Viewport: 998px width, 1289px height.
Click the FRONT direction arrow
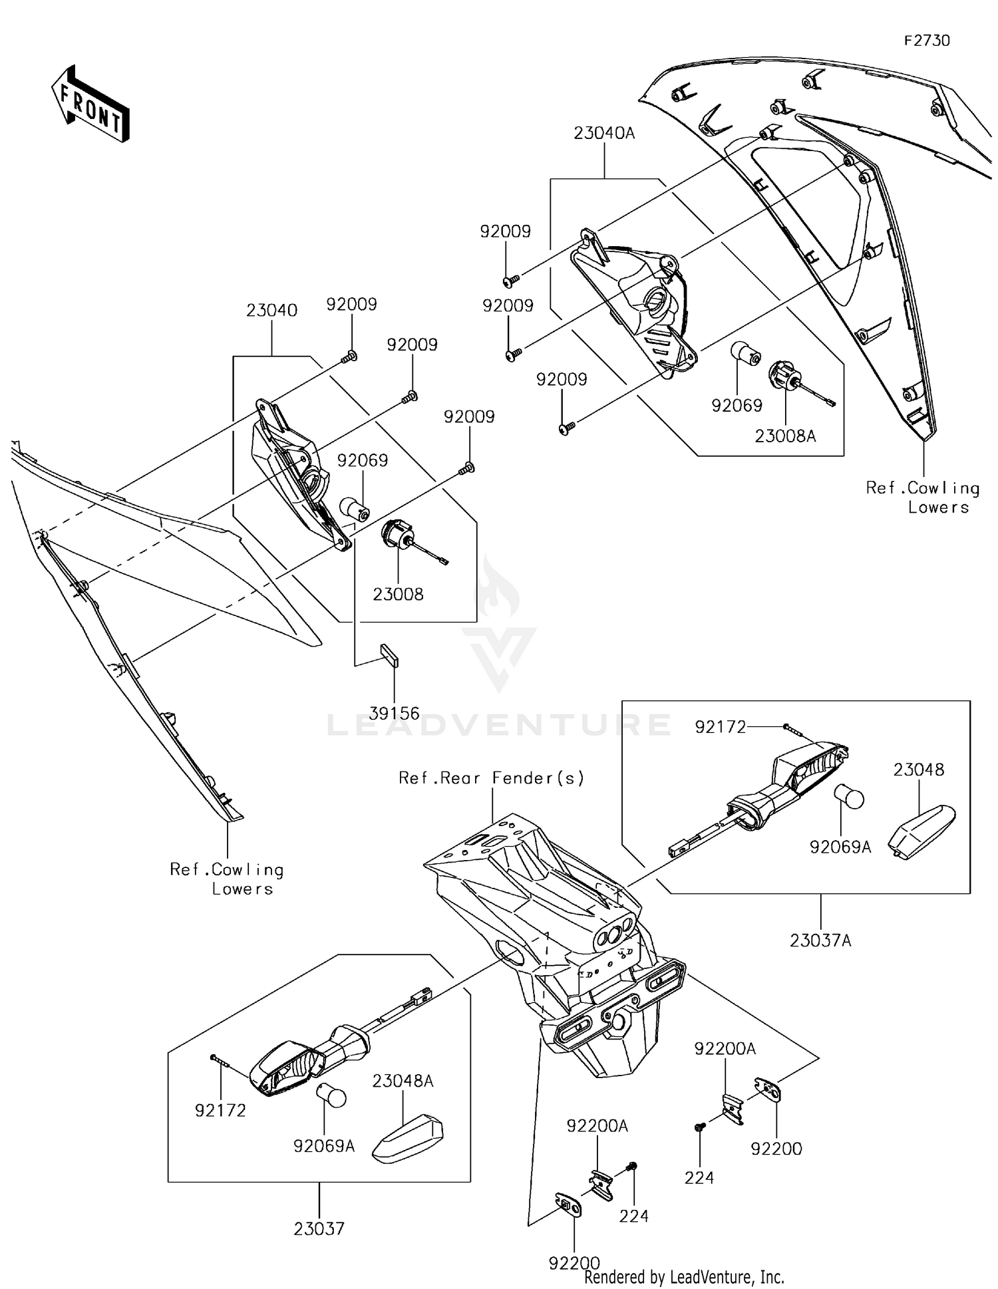pyautogui.click(x=90, y=104)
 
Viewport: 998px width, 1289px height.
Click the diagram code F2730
pyautogui.click(x=926, y=41)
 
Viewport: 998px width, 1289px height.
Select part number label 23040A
pyautogui.click(x=604, y=134)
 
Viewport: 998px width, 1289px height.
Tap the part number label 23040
pyautogui.click(x=271, y=311)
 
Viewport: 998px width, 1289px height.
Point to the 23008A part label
pyautogui.click(x=785, y=436)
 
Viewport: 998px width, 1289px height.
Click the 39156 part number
pyautogui.click(x=394, y=714)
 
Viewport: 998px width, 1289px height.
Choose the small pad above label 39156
pyautogui.click(x=389, y=654)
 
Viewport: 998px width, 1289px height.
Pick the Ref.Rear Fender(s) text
pyautogui.click(x=491, y=778)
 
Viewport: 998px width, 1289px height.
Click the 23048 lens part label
pyautogui.click(x=918, y=770)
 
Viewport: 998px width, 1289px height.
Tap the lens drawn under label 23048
pyautogui.click(x=922, y=831)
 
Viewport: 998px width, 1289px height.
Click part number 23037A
pyautogui.click(x=820, y=941)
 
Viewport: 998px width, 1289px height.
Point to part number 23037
pyautogui.click(x=319, y=1229)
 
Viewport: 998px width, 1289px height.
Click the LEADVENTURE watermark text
pyautogui.click(x=499, y=724)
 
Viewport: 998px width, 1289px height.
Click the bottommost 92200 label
pyautogui.click(x=574, y=1263)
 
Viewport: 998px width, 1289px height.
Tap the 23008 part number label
pyautogui.click(x=398, y=595)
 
